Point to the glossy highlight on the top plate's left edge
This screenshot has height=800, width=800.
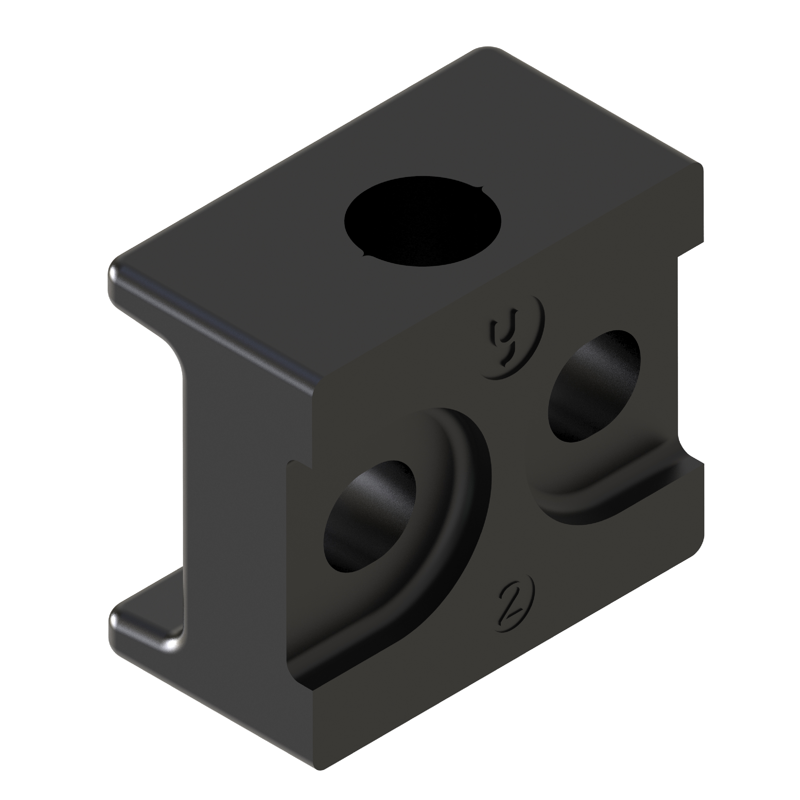207,327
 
